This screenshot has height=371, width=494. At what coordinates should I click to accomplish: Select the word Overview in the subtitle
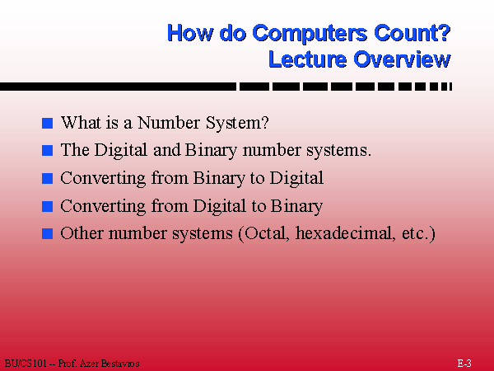(x=403, y=59)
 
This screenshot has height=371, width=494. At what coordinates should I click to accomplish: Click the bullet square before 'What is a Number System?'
(x=47, y=124)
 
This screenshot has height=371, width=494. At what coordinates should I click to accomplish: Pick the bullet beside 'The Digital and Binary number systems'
(x=47, y=151)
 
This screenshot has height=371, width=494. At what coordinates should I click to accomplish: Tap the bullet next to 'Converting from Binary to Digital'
(x=47, y=178)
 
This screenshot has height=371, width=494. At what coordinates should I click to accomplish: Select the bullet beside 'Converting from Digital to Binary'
(x=47, y=206)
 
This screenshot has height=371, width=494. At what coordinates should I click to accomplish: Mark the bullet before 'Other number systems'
(x=47, y=233)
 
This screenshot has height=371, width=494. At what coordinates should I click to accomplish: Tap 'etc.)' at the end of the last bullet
(x=413, y=233)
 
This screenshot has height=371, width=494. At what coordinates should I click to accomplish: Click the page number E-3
(x=464, y=363)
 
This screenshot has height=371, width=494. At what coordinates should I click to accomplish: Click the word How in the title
(x=188, y=33)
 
